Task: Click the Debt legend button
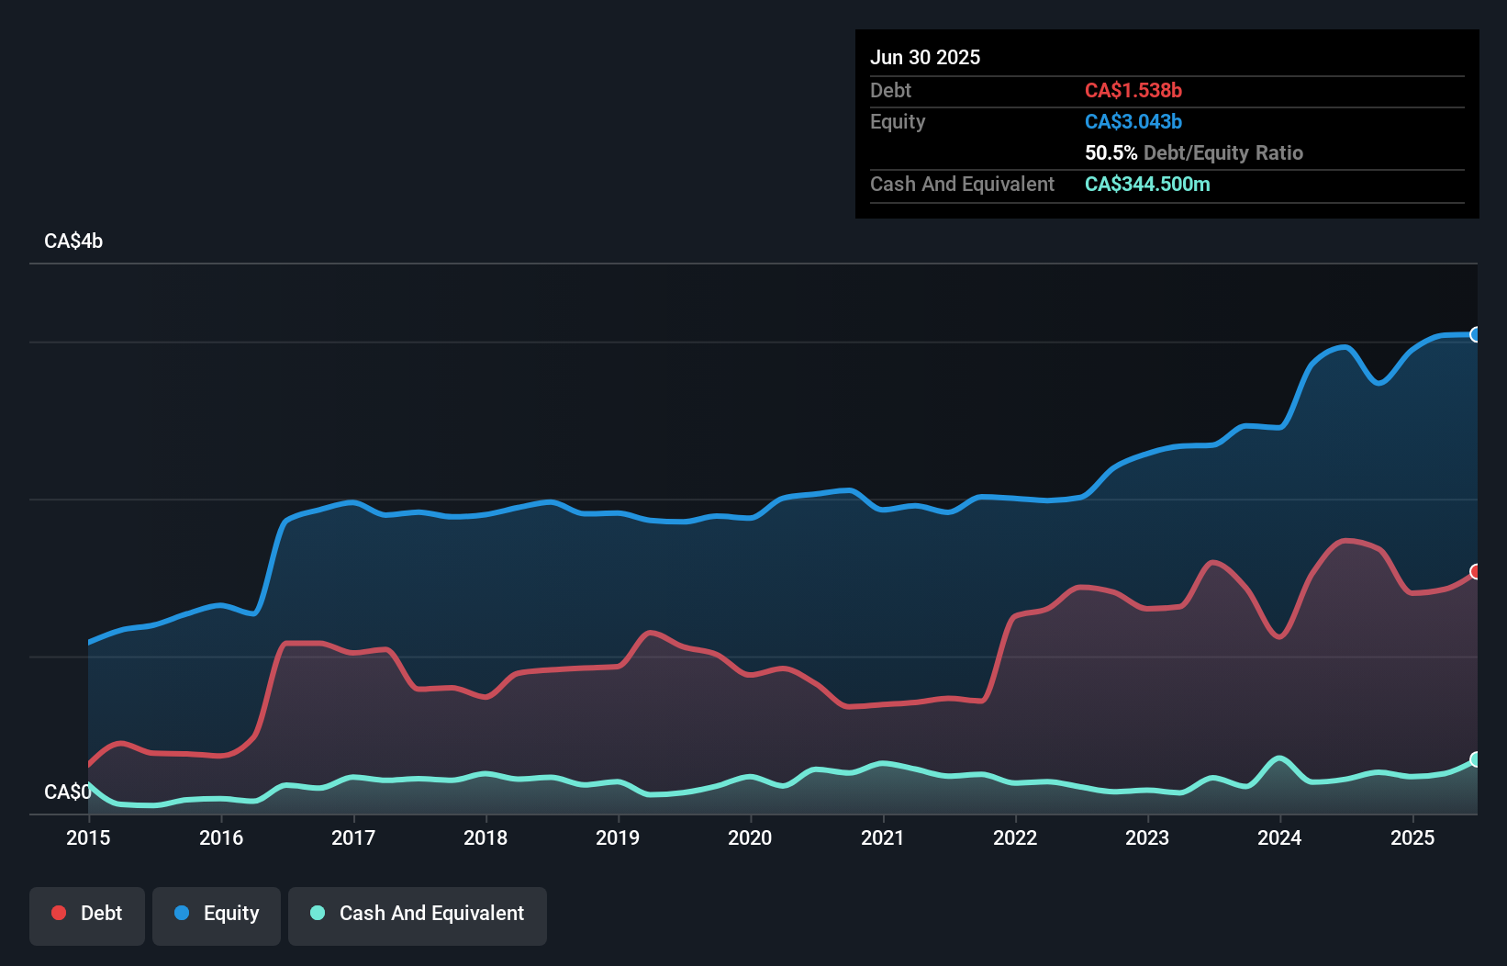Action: click(x=87, y=914)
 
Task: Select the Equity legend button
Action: click(x=217, y=914)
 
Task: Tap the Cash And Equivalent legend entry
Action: click(x=418, y=914)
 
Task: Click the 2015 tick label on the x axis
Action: click(x=88, y=837)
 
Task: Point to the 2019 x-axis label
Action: click(x=618, y=837)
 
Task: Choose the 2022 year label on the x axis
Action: click(x=1015, y=837)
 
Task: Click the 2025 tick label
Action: click(x=1412, y=837)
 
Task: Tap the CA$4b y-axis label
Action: click(x=73, y=241)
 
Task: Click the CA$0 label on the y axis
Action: click(x=67, y=792)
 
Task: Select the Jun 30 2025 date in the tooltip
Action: click(x=925, y=57)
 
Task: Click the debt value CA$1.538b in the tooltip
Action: click(x=1133, y=90)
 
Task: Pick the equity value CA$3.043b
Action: click(x=1133, y=121)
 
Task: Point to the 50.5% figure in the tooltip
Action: click(x=1111, y=152)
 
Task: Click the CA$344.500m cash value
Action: click(x=1147, y=184)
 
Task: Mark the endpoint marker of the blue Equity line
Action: click(x=1476, y=334)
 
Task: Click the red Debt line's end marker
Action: click(x=1476, y=571)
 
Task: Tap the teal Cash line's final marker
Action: click(x=1476, y=759)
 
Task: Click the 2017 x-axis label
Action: click(x=353, y=837)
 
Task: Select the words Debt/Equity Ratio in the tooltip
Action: click(x=1222, y=152)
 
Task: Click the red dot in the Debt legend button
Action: click(x=59, y=913)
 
